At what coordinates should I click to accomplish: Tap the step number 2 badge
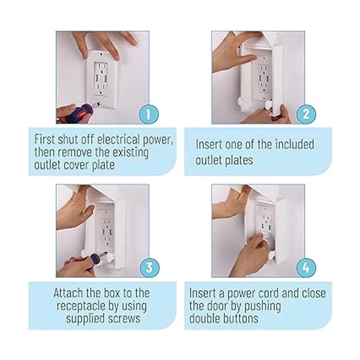[306, 114]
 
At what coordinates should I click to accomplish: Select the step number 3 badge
[149, 268]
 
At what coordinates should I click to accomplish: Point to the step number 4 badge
[306, 268]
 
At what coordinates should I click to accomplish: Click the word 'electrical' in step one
[118, 139]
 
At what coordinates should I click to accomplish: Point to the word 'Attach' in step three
[68, 293]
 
